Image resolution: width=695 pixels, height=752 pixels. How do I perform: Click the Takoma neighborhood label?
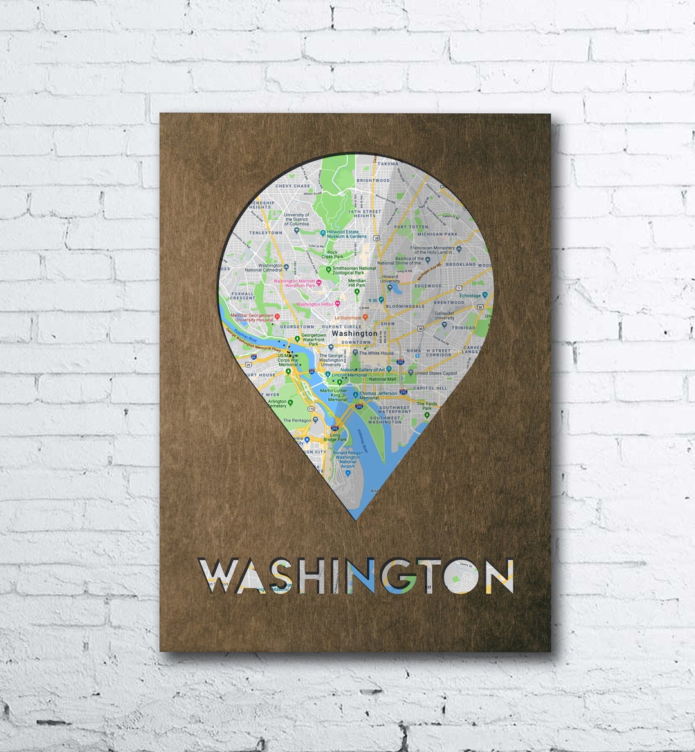click(387, 164)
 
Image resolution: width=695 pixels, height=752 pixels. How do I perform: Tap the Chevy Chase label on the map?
click(293, 186)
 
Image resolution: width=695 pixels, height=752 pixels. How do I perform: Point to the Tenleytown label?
click(266, 232)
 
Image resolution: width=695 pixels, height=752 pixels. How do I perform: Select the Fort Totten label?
click(411, 227)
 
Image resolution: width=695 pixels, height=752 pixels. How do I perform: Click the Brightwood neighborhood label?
click(373, 181)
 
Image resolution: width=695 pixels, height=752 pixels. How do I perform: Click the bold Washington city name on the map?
click(354, 334)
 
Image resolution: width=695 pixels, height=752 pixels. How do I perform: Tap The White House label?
click(376, 353)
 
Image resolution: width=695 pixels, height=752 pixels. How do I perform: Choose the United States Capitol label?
click(436, 373)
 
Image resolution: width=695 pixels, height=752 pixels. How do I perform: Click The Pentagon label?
click(296, 420)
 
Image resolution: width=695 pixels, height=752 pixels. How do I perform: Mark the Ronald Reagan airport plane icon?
click(348, 473)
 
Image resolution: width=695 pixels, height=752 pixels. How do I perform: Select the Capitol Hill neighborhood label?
click(429, 389)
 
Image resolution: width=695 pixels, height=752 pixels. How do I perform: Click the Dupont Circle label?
click(342, 326)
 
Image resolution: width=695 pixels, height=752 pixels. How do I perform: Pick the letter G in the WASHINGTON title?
click(400, 576)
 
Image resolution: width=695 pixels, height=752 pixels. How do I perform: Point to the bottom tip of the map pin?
click(356, 519)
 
